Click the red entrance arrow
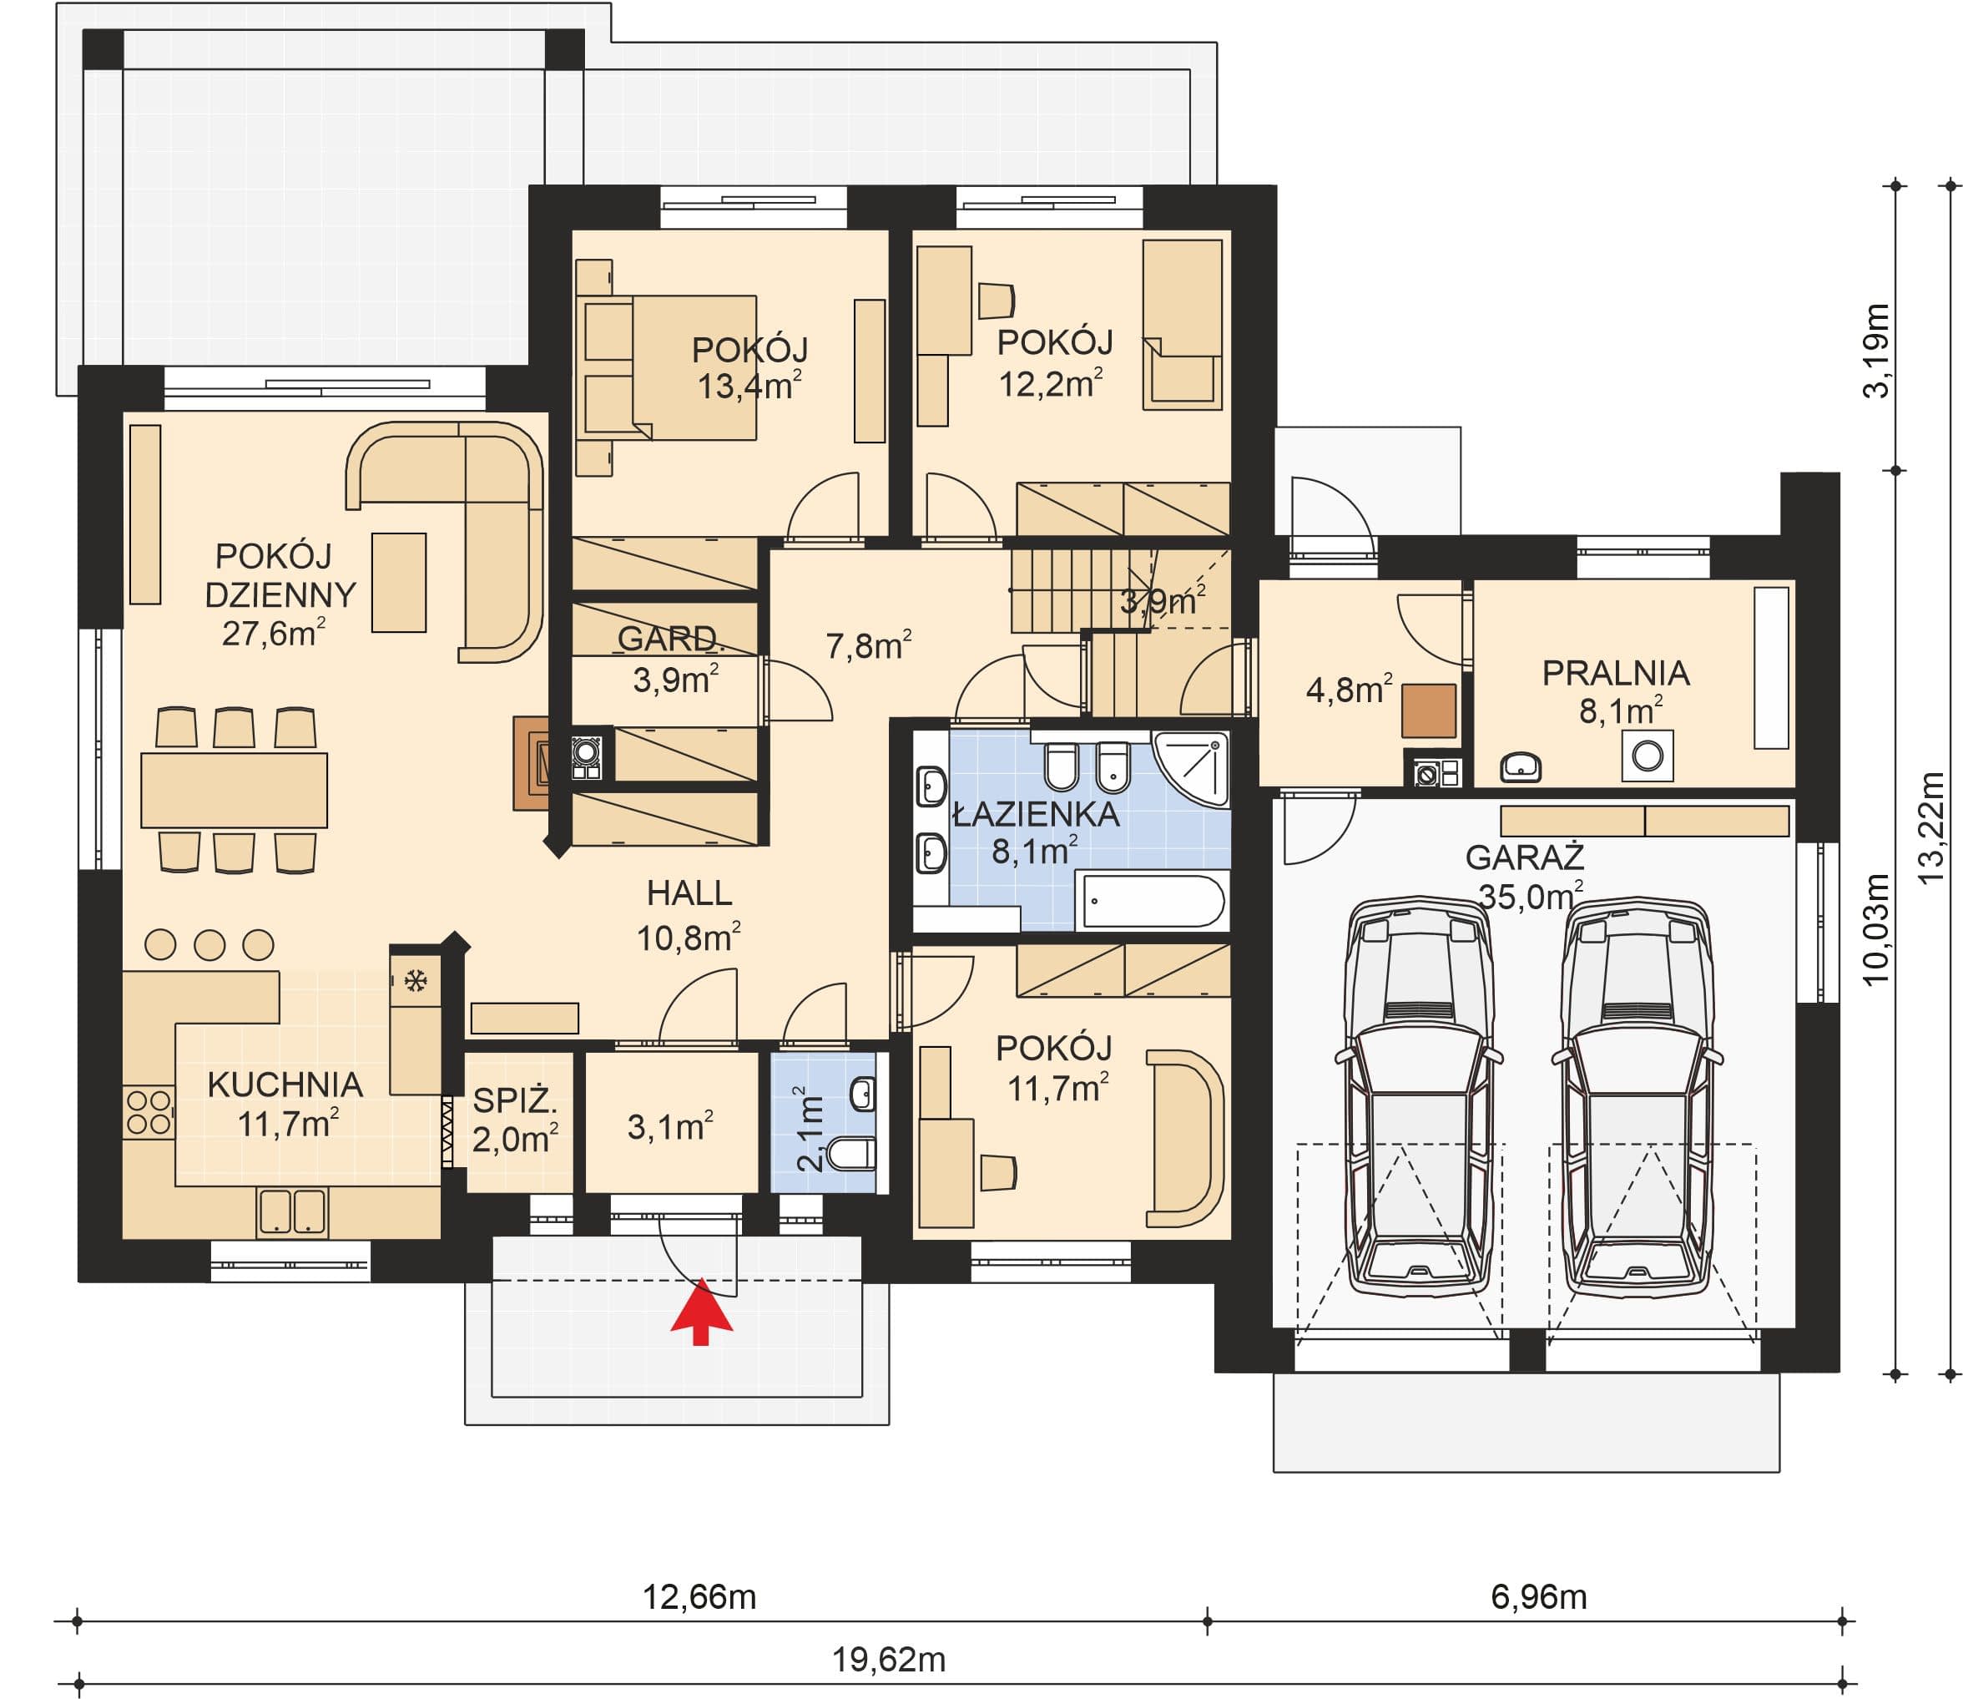701,1312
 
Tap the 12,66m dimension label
699,1597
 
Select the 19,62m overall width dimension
889,1660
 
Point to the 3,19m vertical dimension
1877,351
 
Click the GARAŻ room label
1524,858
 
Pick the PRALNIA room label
1616,673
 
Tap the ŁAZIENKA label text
1036,814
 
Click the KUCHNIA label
285,1085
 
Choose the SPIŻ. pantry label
515,1100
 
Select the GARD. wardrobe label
671,638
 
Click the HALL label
689,893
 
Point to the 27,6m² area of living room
274,632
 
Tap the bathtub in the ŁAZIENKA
1152,901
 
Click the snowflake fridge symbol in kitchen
415,981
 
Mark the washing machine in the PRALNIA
1647,756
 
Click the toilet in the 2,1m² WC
852,1155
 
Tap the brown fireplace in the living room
531,762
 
